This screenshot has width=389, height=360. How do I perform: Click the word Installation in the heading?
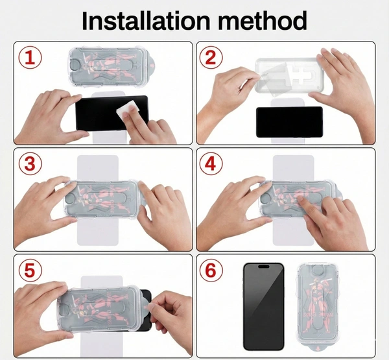[x=146, y=20]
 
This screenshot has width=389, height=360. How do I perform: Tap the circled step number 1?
[x=30, y=58]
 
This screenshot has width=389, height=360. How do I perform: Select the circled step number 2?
[x=211, y=58]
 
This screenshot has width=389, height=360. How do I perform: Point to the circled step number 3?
[x=30, y=164]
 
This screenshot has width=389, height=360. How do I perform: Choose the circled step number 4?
[x=211, y=164]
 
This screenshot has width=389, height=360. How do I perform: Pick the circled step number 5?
[x=30, y=270]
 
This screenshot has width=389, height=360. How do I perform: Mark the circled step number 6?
[x=211, y=270]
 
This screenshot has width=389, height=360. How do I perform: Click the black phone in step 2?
[x=290, y=122]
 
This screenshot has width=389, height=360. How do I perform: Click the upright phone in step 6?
[x=263, y=307]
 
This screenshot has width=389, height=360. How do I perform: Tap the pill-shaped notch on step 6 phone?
[x=263, y=267]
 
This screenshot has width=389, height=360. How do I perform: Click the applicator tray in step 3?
[x=102, y=198]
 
